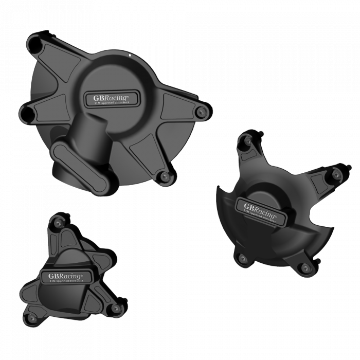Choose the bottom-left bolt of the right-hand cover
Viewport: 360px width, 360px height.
240,258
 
